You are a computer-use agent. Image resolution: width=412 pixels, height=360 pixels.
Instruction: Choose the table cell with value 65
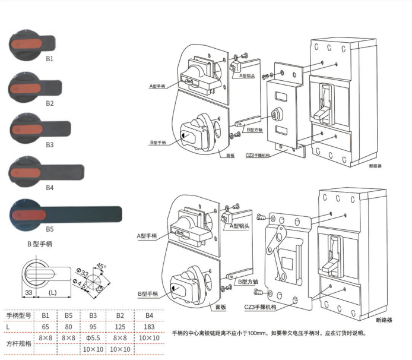pyautogui.click(x=45, y=326)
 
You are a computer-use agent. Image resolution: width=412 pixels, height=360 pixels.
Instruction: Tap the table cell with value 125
pyautogui.click(x=121, y=326)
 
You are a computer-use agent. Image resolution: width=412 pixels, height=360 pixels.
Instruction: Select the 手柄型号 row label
pyautogui.click(x=18, y=315)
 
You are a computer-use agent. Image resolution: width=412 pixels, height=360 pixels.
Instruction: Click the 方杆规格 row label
pyautogui.click(x=18, y=343)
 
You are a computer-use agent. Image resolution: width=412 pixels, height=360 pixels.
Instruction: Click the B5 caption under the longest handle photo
pyautogui.click(x=50, y=228)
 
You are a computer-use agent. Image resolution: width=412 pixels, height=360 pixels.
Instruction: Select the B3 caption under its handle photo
pyautogui.click(x=50, y=144)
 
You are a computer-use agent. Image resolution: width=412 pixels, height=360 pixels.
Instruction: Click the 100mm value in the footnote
pyautogui.click(x=256, y=333)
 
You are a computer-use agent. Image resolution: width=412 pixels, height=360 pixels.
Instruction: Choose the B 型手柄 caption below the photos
pyautogui.click(x=40, y=243)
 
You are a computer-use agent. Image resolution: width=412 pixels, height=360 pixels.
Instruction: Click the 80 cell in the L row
pyautogui.click(x=69, y=326)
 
